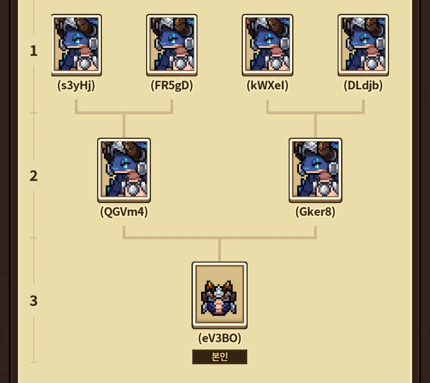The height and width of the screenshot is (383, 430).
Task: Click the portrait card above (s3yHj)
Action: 76,45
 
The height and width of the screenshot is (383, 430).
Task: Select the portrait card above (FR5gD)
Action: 172,45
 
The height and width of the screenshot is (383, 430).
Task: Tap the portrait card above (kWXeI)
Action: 268,45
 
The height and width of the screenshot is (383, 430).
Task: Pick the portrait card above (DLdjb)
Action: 363,45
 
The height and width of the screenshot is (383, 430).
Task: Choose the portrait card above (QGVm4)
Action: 124,170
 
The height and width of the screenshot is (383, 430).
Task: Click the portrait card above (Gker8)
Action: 315,170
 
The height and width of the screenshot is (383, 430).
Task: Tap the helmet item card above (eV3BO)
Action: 219,295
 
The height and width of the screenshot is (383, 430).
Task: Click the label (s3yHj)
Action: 76,86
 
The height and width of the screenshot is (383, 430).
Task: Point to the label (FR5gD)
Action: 172,86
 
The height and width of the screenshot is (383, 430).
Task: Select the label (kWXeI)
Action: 268,86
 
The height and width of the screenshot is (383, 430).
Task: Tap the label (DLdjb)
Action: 363,86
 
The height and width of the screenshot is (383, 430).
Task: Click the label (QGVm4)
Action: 124,212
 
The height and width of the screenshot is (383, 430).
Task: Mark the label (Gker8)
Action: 315,212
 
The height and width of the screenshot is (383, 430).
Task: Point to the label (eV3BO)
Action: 220,338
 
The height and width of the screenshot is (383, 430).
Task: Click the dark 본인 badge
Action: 220,357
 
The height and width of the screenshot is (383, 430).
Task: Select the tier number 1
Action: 33,51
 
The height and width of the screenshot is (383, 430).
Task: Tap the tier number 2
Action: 33,176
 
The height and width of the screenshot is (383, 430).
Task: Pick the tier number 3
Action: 33,301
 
